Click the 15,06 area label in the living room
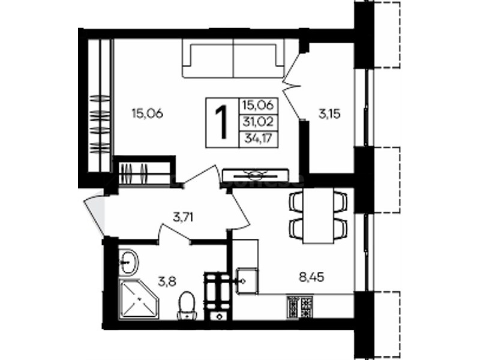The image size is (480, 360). coord(147,113)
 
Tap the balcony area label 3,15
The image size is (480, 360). coord(329,114)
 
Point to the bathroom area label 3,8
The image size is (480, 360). coord(167,281)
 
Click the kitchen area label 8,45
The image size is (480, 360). coord(311,278)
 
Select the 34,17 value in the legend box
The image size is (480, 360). coord(258,139)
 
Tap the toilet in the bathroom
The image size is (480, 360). coord(187,306)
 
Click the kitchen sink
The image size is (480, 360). coord(247,280)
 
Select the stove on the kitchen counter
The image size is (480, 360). coord(299,306)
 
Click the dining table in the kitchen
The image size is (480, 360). coord(318,215)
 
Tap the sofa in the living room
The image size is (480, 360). coord(233,58)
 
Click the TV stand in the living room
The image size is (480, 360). coord(256,176)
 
